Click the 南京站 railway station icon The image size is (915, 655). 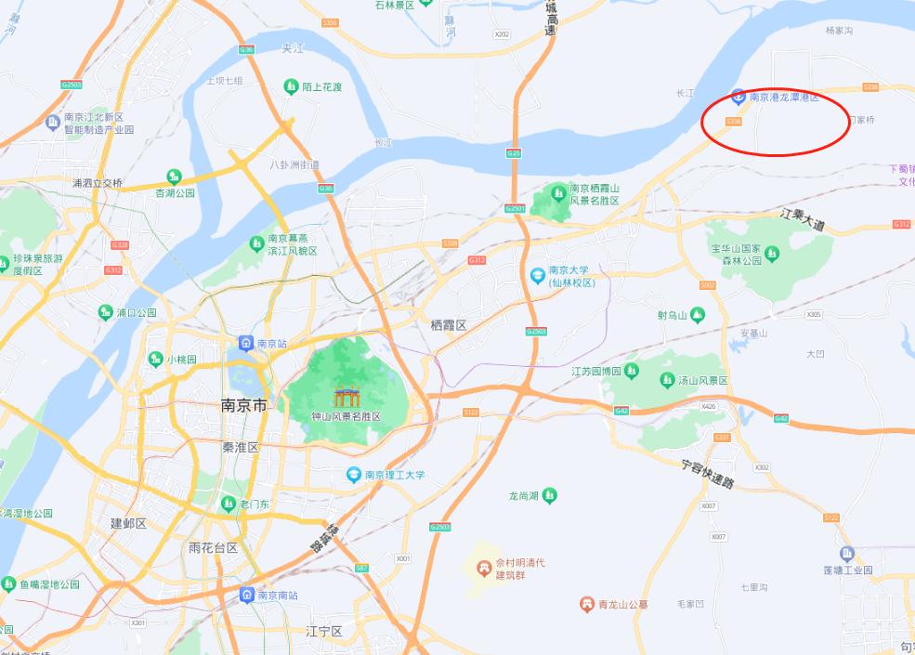246,343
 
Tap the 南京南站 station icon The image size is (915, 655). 246,595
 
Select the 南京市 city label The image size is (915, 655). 243,406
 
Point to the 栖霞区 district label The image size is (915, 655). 449,324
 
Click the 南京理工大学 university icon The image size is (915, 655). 353,475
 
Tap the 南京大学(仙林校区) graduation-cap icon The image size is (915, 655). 537,276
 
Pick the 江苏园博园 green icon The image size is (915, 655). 632,371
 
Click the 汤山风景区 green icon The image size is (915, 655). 667,380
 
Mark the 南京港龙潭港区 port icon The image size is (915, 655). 738,96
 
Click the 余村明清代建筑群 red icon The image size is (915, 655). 483,567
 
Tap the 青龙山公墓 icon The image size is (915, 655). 586,604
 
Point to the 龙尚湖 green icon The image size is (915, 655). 550,495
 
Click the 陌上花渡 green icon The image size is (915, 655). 291,86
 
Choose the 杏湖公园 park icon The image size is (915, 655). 174,176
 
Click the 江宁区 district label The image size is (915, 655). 324,632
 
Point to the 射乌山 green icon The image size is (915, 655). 697,314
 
